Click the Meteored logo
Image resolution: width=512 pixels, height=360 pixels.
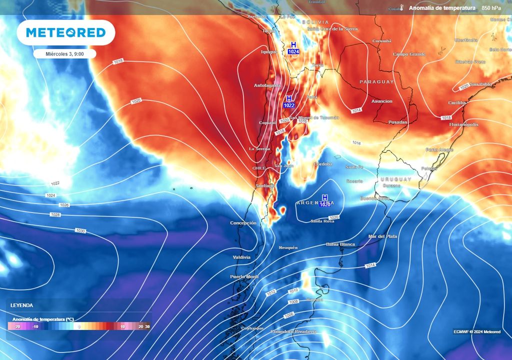pyautogui.click(x=66, y=33)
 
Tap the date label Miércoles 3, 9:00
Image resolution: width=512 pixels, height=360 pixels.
pyautogui.click(x=64, y=53)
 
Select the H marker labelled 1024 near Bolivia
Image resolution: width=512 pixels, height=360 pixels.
pyautogui.click(x=293, y=48)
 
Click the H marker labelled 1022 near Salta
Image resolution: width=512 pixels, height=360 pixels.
pyautogui.click(x=289, y=101)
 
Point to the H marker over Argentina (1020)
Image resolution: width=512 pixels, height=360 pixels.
pyautogui.click(x=325, y=200)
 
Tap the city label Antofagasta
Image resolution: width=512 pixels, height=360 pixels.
pyautogui.click(x=267, y=85)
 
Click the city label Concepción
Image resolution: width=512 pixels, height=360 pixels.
pyautogui.click(x=243, y=223)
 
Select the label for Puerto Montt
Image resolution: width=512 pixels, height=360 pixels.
pyautogui.click(x=244, y=276)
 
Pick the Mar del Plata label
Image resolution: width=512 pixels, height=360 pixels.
pyautogui.click(x=382, y=236)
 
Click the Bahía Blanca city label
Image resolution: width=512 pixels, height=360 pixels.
pyautogui.click(x=339, y=244)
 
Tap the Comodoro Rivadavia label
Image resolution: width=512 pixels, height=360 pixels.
pyautogui.click(x=293, y=331)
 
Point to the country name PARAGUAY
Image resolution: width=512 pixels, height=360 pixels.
pyautogui.click(x=376, y=81)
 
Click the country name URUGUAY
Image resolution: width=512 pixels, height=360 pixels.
pyautogui.click(x=395, y=179)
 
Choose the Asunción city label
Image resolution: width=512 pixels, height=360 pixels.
pyautogui.click(x=381, y=101)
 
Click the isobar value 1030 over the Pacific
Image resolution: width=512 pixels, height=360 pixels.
pyautogui.click(x=80, y=230)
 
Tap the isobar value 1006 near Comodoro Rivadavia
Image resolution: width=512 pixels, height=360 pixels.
pyautogui.click(x=289, y=315)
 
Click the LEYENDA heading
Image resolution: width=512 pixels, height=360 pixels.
pyautogui.click(x=22, y=305)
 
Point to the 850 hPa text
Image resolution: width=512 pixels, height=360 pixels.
pyautogui.click(x=492, y=8)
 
